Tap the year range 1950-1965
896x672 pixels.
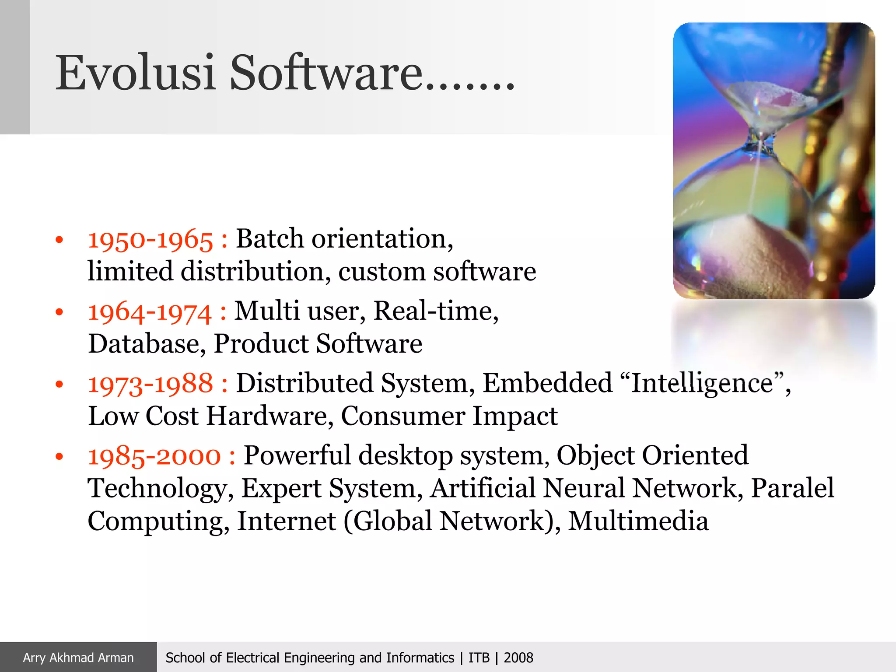[x=150, y=240]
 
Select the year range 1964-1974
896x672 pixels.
[x=150, y=312]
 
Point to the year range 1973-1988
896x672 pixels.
[x=150, y=384]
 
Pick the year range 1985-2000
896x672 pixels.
[x=154, y=456]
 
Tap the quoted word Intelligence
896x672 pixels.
[x=702, y=383]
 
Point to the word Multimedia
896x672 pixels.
[x=638, y=521]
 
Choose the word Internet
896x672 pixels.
[x=286, y=521]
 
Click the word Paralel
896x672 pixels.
[x=792, y=488]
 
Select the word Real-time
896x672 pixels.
[x=435, y=311]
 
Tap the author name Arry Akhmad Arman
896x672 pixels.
[x=78, y=658]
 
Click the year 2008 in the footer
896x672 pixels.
[x=518, y=658]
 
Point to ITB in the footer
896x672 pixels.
[x=479, y=658]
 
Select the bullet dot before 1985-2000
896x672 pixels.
[x=59, y=457]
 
